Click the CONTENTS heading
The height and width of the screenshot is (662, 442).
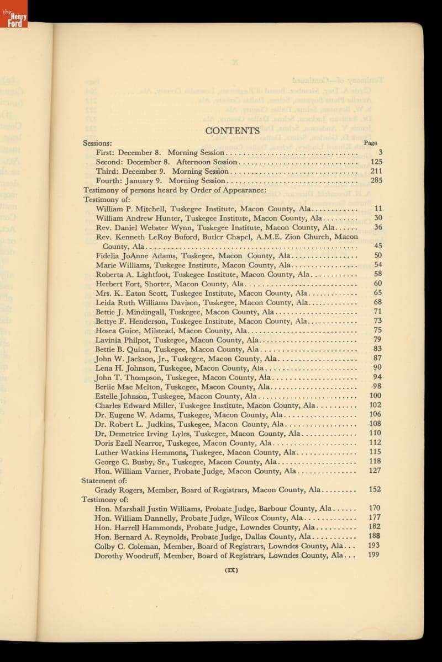point(232,131)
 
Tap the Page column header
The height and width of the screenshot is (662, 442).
point(370,142)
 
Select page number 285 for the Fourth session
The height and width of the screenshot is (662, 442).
point(376,180)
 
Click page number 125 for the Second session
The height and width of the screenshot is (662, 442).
point(376,162)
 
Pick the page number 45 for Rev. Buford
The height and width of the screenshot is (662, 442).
point(378,246)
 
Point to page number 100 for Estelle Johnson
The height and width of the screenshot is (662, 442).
point(375,396)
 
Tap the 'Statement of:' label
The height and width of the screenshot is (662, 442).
point(97,481)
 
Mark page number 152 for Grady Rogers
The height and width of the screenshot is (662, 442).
point(375,489)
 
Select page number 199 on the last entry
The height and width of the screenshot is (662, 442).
point(374,555)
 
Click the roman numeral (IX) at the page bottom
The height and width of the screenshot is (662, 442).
point(231,570)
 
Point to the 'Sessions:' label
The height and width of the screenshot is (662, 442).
point(98,143)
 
